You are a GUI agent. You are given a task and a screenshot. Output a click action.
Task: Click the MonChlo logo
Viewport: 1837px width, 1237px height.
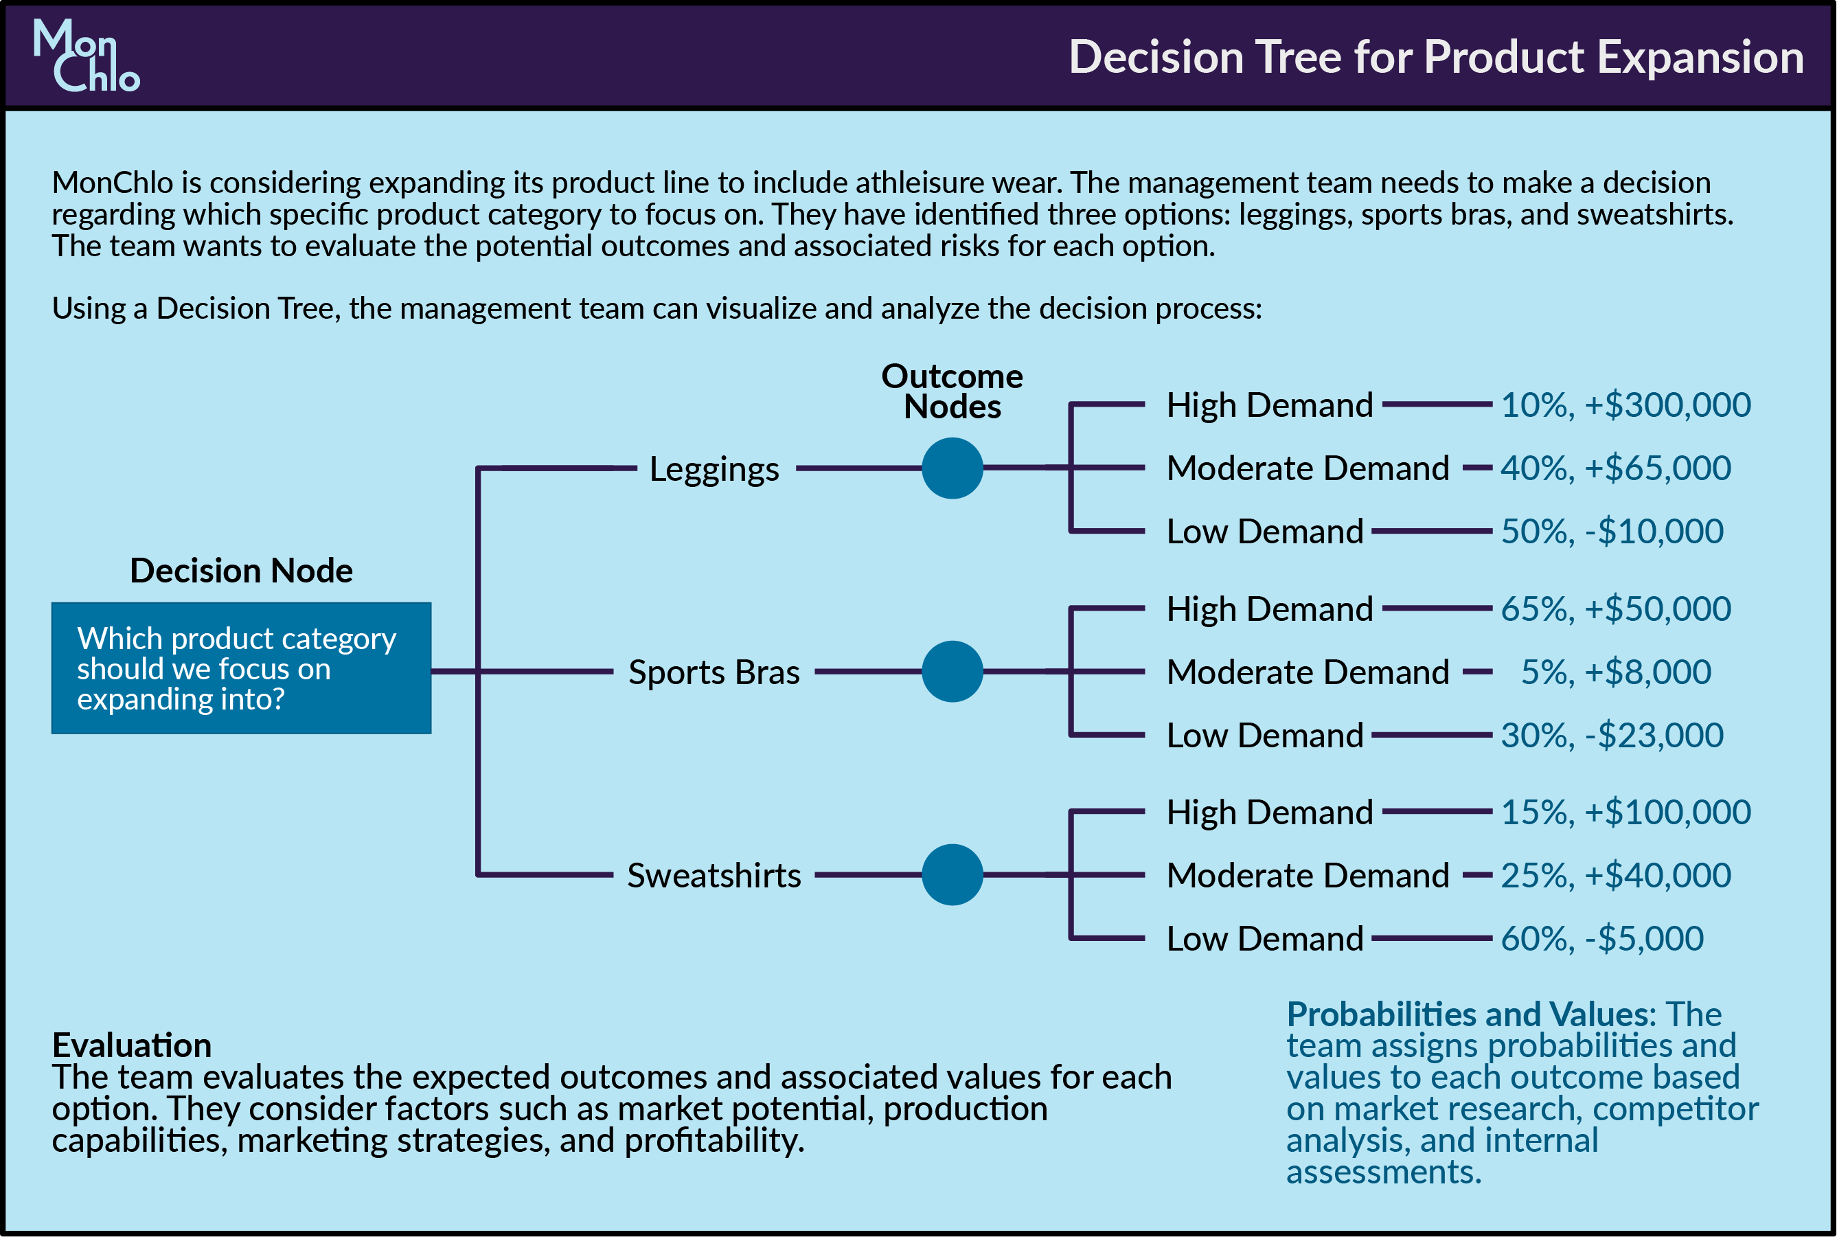[86, 55]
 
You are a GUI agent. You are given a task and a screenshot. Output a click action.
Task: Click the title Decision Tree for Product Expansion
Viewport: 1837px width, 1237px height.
[1435, 58]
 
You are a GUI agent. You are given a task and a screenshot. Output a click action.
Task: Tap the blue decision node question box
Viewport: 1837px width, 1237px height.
[241, 668]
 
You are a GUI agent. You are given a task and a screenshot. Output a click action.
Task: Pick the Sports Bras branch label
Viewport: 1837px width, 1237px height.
[714, 672]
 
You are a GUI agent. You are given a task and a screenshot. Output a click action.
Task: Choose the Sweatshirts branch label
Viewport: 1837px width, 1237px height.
[714, 876]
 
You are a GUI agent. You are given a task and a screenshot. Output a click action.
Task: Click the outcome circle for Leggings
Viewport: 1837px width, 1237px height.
[952, 468]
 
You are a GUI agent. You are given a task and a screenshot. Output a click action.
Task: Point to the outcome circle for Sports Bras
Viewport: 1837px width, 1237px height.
[952, 671]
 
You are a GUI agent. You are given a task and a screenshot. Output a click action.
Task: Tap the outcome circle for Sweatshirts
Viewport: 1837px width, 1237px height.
[952, 875]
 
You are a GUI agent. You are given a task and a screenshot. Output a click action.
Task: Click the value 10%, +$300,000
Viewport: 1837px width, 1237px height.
[1625, 405]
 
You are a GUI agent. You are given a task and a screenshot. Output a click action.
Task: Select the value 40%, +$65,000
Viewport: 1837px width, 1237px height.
[1615, 468]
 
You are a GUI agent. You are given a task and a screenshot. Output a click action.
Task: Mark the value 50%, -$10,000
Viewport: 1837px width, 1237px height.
[1612, 532]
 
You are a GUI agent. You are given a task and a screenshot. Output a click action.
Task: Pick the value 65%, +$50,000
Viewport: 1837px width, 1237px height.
[1615, 609]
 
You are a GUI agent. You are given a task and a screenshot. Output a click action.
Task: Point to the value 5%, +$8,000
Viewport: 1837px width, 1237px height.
[1615, 672]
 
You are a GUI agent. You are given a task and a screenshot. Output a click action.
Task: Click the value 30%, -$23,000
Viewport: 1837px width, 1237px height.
[1612, 735]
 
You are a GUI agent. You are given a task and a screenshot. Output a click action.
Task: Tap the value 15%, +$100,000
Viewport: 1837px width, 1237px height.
[1625, 813]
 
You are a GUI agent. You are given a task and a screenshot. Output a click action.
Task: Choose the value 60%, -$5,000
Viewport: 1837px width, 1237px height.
[1602, 939]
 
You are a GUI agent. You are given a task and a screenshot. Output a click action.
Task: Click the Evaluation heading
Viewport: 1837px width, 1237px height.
[132, 1045]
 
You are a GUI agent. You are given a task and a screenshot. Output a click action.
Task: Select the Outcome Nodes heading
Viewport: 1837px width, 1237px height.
[952, 391]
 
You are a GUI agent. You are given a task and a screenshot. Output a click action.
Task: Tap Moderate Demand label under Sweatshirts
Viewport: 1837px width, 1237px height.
[1308, 876]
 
